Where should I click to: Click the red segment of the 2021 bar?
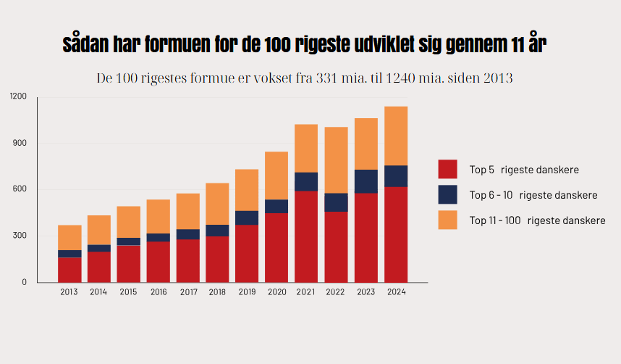(x=306, y=236)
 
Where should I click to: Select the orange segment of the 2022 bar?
(x=336, y=160)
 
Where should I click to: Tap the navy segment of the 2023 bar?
(x=366, y=181)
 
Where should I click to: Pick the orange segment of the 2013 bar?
(x=69, y=237)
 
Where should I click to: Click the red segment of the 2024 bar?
(x=396, y=234)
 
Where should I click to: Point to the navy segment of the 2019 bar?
(x=247, y=218)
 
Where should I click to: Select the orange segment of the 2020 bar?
(x=276, y=175)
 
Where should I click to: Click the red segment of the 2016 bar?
(x=159, y=262)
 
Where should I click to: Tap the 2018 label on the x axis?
(x=217, y=292)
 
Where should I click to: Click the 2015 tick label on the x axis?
(x=129, y=292)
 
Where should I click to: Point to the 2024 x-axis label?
(x=396, y=292)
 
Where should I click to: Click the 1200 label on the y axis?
(x=18, y=96)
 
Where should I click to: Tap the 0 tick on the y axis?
(x=24, y=282)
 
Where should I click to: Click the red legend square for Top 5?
(x=447, y=169)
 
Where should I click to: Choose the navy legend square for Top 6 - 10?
(x=447, y=194)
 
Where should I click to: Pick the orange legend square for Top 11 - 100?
(x=447, y=220)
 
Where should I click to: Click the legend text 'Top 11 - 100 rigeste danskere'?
(x=537, y=220)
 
